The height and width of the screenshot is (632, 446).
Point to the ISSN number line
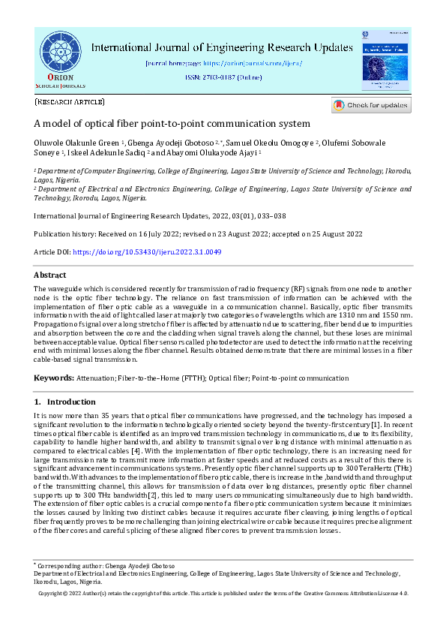point(222,78)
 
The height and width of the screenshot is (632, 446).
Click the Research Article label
point(70,101)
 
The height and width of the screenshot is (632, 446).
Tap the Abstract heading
point(50,275)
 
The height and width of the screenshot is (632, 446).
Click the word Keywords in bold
point(53,377)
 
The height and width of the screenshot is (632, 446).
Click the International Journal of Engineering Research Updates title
point(223,47)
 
